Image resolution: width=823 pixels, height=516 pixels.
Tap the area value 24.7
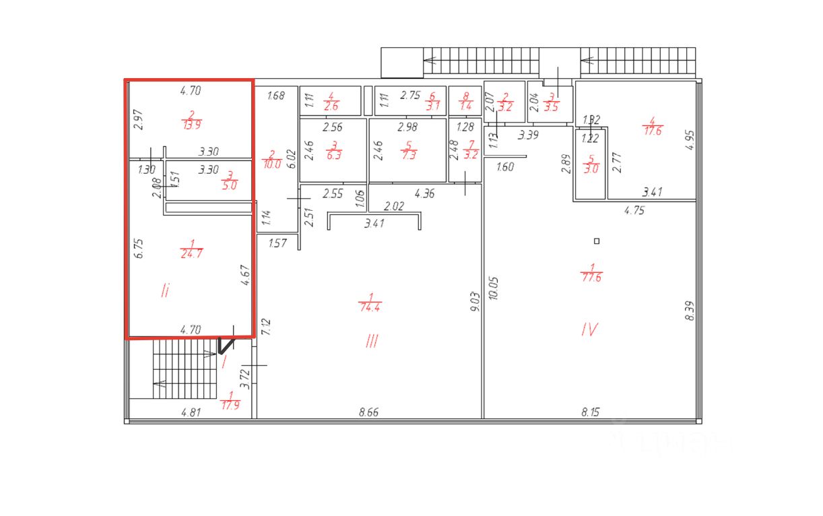191,253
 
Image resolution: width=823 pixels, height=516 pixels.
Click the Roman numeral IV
590,329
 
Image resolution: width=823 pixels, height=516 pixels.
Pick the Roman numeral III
371,342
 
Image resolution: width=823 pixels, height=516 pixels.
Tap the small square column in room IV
596,241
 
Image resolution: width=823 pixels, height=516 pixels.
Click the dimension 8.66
368,412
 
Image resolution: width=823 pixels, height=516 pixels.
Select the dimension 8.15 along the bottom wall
591,412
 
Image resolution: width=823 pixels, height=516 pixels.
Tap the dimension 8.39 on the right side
689,310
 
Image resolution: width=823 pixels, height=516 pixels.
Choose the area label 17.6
652,131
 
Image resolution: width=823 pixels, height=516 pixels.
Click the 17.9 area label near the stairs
230,405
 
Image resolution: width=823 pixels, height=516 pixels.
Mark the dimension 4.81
191,412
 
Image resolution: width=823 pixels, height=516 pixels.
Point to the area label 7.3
408,154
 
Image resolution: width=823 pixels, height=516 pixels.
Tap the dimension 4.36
424,194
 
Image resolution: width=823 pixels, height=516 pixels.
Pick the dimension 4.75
634,209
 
